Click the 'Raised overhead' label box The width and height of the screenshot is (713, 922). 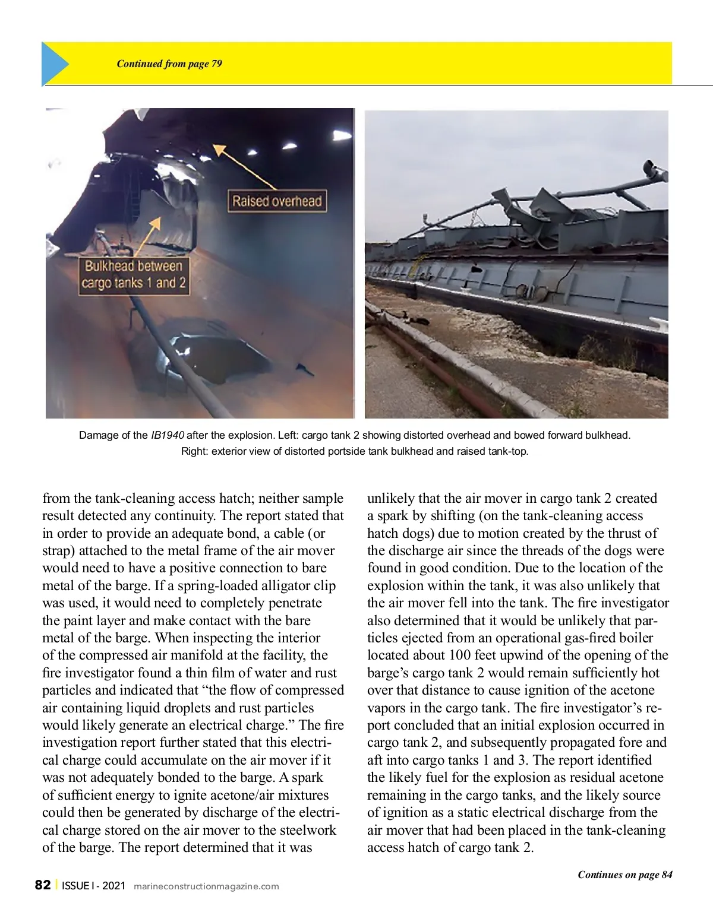(x=276, y=201)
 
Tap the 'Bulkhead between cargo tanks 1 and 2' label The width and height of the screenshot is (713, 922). (x=134, y=274)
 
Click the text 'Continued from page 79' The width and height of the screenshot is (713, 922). (x=169, y=64)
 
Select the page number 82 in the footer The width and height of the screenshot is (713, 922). (x=43, y=885)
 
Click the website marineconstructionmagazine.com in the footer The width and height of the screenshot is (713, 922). (x=206, y=886)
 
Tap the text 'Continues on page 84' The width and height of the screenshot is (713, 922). (x=624, y=875)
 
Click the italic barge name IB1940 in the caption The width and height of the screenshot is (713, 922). (x=168, y=435)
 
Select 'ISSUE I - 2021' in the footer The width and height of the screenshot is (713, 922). (x=94, y=886)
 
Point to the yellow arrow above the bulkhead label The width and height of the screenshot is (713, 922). (x=150, y=235)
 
